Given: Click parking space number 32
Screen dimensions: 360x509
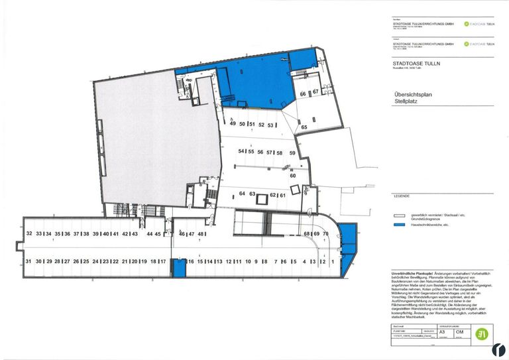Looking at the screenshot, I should click(x=28, y=234).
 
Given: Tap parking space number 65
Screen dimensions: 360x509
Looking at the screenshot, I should click(x=304, y=127).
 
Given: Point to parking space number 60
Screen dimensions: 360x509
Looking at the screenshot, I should click(x=292, y=176).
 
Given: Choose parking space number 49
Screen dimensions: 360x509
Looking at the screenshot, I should click(x=233, y=124).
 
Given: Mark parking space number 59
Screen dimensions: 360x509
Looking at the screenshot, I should click(x=292, y=152).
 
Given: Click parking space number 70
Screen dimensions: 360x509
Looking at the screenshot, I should click(x=325, y=234).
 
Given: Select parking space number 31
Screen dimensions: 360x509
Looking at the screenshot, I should click(x=28, y=262).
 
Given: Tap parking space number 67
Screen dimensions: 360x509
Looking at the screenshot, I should click(x=316, y=92).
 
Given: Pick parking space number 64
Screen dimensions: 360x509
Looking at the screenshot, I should click(x=242, y=194).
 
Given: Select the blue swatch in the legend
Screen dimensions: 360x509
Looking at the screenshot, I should click(x=399, y=225).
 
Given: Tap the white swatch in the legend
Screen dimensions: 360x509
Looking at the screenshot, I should click(x=399, y=215).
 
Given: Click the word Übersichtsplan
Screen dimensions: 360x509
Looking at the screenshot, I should click(x=411, y=95).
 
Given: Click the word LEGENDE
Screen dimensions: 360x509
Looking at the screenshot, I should click(x=402, y=197).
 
